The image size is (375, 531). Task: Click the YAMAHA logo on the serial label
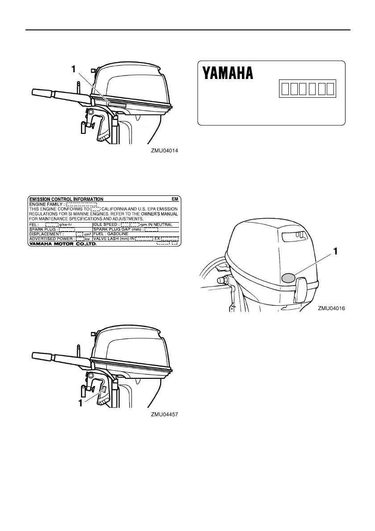tap(228, 74)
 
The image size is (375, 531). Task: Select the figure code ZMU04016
tap(332, 308)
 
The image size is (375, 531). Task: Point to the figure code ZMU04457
tap(165, 415)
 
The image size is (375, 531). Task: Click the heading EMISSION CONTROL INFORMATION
tap(66, 199)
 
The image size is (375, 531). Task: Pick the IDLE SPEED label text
tap(106, 224)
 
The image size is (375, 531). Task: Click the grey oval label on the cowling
tap(288, 278)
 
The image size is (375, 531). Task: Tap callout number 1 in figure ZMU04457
tap(81, 403)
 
